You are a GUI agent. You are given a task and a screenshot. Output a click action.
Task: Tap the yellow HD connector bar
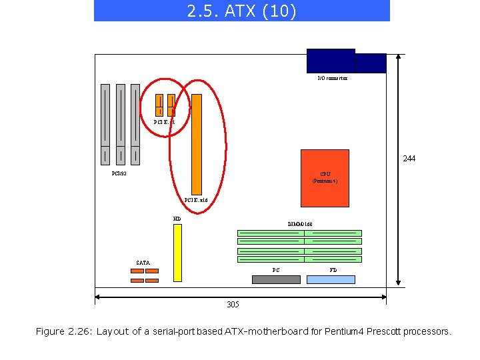tap(177, 253)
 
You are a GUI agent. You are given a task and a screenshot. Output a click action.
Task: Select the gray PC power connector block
tap(276, 279)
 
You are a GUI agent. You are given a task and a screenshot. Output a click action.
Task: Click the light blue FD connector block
tap(331, 279)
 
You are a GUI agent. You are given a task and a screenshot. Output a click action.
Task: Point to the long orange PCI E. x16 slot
tap(197, 143)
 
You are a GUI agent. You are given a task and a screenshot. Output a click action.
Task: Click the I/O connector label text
tap(332, 78)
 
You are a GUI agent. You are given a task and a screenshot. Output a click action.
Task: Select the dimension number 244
tap(409, 159)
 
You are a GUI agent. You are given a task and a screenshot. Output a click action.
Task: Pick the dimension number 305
tap(233, 305)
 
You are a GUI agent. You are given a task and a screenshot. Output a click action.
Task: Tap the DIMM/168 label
tap(300, 224)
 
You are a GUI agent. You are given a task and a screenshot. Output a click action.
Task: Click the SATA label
tap(143, 263)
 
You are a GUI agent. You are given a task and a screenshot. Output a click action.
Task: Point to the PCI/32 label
tap(119, 174)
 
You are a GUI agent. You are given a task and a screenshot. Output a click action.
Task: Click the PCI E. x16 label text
tap(196, 199)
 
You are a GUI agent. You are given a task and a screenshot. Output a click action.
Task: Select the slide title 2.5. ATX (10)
tap(241, 11)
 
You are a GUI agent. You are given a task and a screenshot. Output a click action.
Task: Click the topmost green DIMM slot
tap(299, 233)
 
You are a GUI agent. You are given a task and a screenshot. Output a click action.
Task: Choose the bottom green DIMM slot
tap(299, 259)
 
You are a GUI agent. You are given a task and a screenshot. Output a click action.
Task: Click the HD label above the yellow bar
tap(177, 219)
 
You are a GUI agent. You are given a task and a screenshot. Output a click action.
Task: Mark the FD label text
tap(333, 270)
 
